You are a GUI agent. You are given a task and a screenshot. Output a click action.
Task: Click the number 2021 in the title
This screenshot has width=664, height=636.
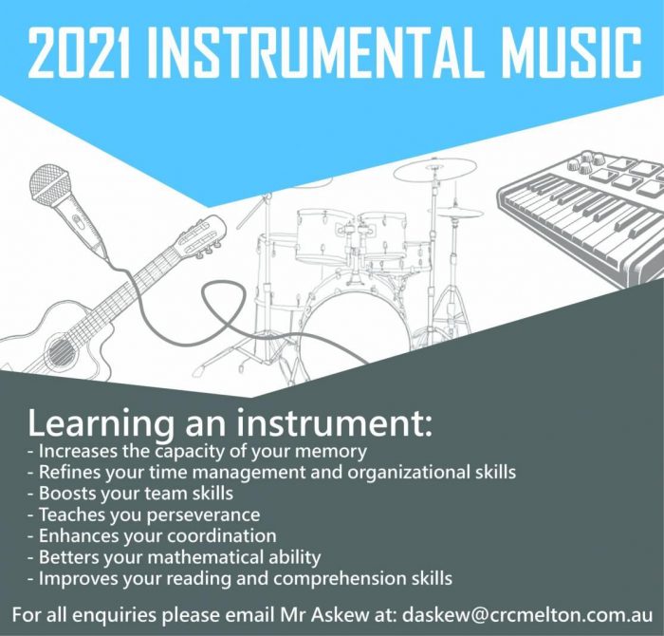click(x=79, y=53)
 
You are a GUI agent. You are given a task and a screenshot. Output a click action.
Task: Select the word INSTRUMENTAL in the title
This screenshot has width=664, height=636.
click(x=312, y=53)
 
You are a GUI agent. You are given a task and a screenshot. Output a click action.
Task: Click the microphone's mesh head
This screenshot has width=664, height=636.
click(x=49, y=182)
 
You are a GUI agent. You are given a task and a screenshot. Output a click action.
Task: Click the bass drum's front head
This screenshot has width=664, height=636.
click(x=357, y=327)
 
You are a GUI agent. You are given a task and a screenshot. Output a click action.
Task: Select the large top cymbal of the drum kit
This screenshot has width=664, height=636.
click(x=434, y=169)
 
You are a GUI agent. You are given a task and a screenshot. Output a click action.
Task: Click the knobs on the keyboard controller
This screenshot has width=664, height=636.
click(x=585, y=162)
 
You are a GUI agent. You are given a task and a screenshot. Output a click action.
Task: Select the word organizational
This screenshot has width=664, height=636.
click(x=405, y=473)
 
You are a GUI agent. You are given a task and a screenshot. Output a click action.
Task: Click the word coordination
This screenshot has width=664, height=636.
click(x=222, y=536)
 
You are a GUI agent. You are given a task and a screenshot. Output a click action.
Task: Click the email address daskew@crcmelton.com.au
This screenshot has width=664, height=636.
click(x=527, y=615)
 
